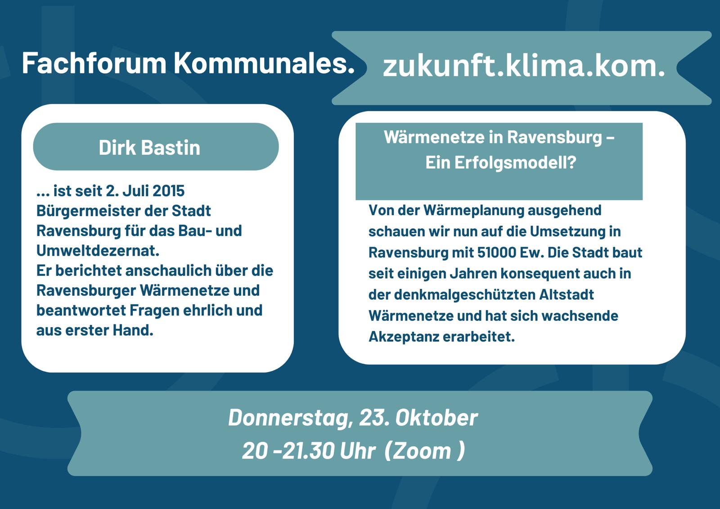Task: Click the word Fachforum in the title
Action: click(x=94, y=63)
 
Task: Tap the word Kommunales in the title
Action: click(x=264, y=63)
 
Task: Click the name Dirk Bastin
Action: click(x=149, y=148)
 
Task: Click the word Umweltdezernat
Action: click(x=98, y=251)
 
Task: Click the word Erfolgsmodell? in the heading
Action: click(x=501, y=163)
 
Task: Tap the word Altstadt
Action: click(x=567, y=295)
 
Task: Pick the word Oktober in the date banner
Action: click(x=436, y=418)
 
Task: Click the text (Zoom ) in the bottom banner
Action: click(x=425, y=451)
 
